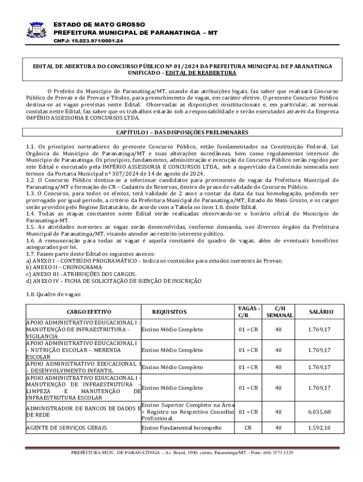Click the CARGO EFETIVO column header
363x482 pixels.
[x=82, y=312]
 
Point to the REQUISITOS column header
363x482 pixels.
[x=169, y=312]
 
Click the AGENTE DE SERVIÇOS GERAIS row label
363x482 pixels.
[x=66, y=428]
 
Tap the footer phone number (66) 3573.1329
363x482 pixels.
[x=278, y=452]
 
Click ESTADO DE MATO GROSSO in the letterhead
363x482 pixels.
[x=99, y=24]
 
